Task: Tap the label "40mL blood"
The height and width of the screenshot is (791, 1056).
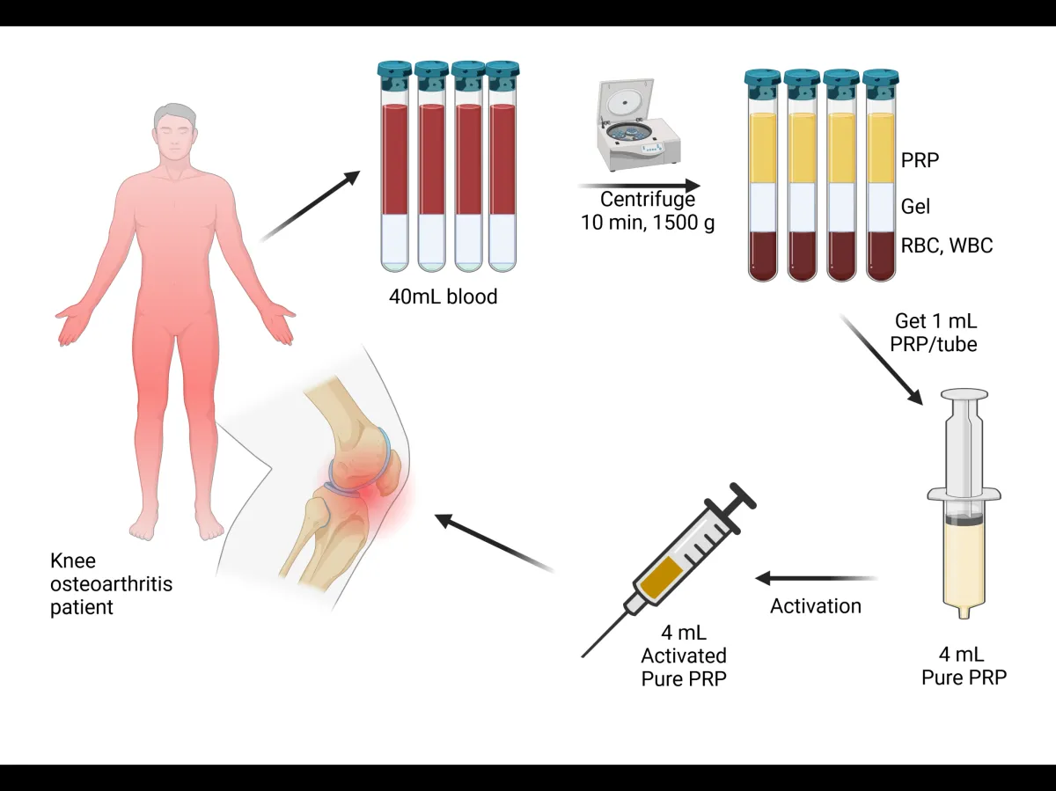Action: coord(443,297)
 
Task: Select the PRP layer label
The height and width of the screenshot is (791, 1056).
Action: coord(919,161)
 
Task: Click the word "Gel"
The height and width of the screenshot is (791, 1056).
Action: coord(915,207)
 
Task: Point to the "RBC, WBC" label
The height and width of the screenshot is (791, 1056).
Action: coord(946,245)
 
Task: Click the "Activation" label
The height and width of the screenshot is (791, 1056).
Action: coord(816,606)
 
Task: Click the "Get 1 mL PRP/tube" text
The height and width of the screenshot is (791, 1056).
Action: coord(935,333)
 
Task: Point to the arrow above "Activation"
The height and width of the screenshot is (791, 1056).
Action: coord(816,578)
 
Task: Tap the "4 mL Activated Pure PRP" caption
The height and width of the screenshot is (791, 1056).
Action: coord(683,656)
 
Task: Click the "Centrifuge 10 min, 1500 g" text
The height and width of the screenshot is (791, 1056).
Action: coord(648,211)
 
